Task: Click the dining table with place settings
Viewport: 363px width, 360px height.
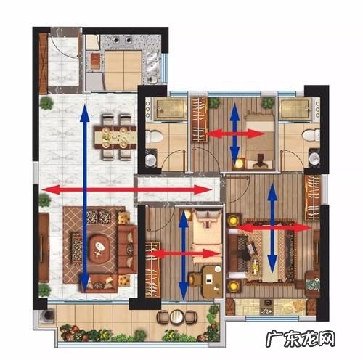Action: tap(115, 137)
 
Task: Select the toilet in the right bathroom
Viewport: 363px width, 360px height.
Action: tap(311, 135)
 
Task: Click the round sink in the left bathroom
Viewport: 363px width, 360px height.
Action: tap(151, 160)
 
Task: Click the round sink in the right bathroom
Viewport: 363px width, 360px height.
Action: tap(314, 159)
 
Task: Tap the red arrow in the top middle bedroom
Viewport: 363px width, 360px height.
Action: tap(235, 134)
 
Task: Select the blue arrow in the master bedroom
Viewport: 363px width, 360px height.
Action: tap(272, 228)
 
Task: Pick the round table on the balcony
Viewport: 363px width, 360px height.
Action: tap(177, 316)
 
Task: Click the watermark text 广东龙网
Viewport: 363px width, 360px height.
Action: tap(300, 339)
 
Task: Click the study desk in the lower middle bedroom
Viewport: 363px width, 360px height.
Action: tap(212, 282)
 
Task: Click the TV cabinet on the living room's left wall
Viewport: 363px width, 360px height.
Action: tap(44, 247)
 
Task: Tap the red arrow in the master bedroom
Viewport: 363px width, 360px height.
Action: tap(274, 228)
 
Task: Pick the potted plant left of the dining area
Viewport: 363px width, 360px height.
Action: tap(46, 103)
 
